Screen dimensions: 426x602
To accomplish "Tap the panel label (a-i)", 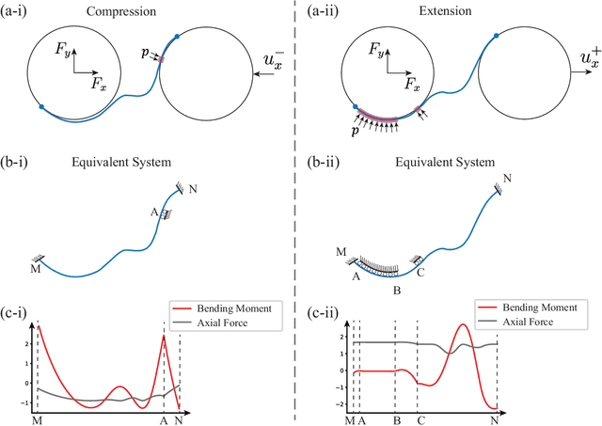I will tap(18, 11).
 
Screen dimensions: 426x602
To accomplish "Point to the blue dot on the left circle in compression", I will tap(41, 106).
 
